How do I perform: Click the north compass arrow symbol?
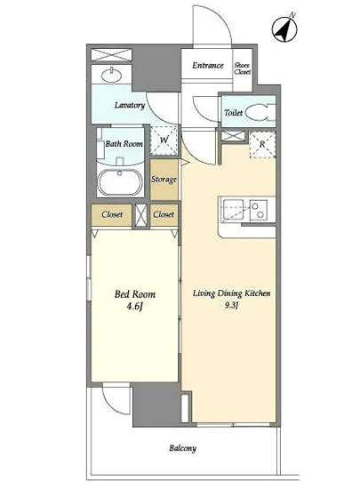tap(284, 29)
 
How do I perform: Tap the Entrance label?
tap(208, 65)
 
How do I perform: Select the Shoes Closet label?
tap(243, 68)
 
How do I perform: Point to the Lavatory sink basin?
tap(111, 76)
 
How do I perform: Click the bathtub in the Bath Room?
tap(120, 182)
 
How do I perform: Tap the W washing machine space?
tap(164, 140)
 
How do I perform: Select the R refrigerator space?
tap(262, 144)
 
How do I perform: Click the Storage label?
tap(164, 180)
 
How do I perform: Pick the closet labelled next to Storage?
tap(164, 214)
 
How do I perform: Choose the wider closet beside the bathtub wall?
tap(112, 214)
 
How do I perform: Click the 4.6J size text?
tap(134, 307)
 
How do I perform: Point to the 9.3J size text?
tap(232, 305)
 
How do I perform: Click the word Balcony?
tap(182, 448)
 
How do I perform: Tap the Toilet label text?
tap(233, 113)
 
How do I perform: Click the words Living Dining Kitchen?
tap(232, 293)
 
